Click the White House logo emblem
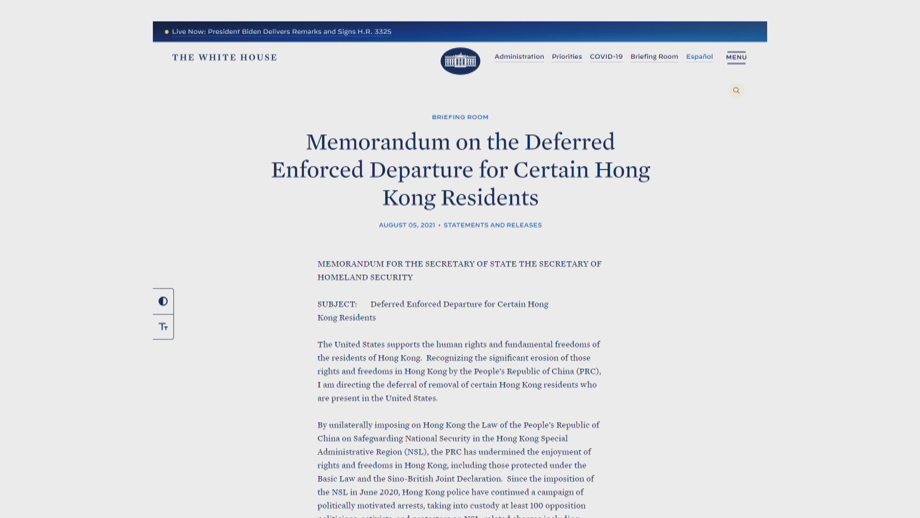tap(460, 61)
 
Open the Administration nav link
tap(519, 57)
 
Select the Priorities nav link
tap(566, 57)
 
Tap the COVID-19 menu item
tap(606, 57)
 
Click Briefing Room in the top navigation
tap(654, 57)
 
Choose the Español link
tap(699, 57)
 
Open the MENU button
tap(736, 57)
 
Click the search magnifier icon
tap(736, 90)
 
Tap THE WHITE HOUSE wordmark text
tap(224, 58)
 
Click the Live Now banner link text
tap(281, 32)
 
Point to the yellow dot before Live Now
tap(167, 32)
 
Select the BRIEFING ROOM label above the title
tap(460, 117)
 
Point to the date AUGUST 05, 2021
tap(407, 225)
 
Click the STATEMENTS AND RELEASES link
tap(492, 225)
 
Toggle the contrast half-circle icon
tap(163, 301)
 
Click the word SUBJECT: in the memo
tap(337, 304)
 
